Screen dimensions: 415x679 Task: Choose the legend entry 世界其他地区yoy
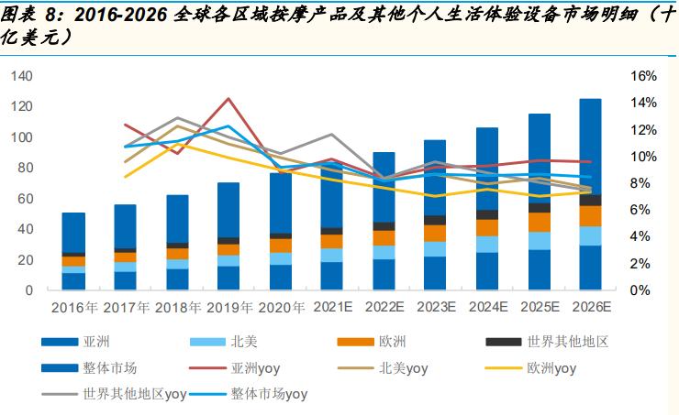(x=134, y=395)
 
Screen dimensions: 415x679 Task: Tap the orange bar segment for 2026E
(x=590, y=215)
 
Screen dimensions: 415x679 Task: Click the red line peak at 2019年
(x=228, y=99)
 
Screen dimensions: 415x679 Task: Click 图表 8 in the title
(x=22, y=13)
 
